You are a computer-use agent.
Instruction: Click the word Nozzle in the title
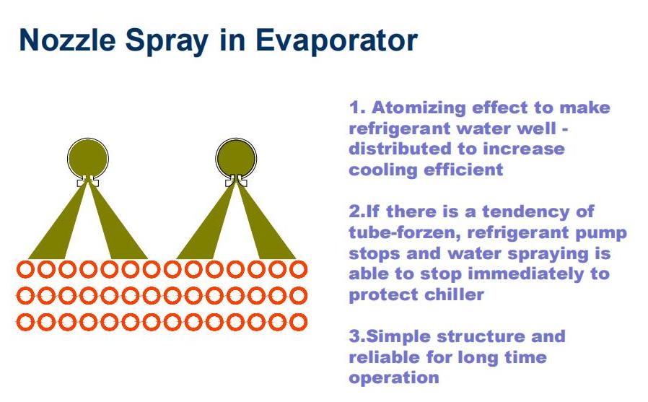pyautogui.click(x=68, y=40)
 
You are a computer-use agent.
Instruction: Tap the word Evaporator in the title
pyautogui.click(x=336, y=41)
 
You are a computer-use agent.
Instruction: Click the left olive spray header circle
pyautogui.click(x=87, y=158)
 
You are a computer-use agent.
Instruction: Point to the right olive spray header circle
pyautogui.click(x=236, y=158)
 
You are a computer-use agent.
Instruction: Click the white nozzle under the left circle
pyautogui.click(x=87, y=181)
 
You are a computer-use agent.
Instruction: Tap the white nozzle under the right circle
pyautogui.click(x=236, y=181)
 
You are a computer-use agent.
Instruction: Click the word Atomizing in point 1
pyautogui.click(x=419, y=108)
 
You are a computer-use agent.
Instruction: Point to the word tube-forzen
pyautogui.click(x=405, y=232)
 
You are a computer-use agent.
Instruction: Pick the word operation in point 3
pyautogui.click(x=394, y=378)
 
